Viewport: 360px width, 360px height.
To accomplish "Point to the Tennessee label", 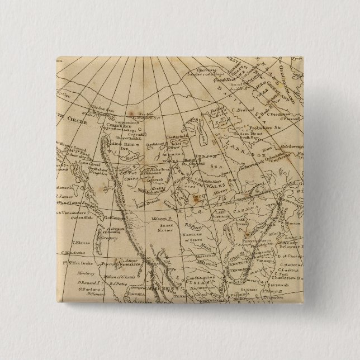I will coord(238,268).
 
